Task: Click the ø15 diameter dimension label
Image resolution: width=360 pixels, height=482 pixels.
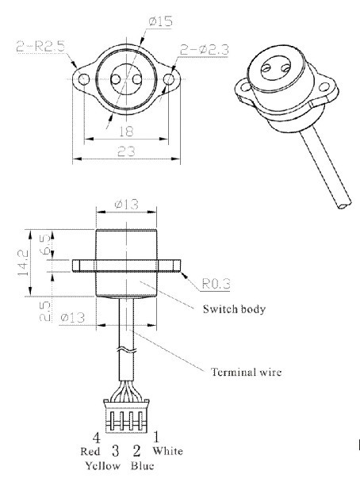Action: (x=160, y=21)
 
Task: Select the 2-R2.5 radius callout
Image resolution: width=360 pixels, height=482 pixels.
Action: (x=40, y=47)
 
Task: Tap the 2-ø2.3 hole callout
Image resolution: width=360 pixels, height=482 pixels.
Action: (x=204, y=49)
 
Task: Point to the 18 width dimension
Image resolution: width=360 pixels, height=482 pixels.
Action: (x=126, y=132)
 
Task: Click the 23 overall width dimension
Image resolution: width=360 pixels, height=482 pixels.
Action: (x=126, y=151)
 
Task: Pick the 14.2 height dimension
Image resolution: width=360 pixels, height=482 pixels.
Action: (x=23, y=262)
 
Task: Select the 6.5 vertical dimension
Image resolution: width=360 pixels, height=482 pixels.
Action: (x=45, y=244)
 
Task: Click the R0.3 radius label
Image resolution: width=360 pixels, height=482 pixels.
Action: (x=216, y=284)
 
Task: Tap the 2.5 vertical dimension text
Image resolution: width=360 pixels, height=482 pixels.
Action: (x=45, y=311)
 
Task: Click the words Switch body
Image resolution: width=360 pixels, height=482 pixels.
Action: (x=234, y=309)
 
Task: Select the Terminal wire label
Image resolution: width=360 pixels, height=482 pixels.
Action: (x=246, y=373)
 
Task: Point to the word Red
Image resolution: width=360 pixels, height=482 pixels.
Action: (x=90, y=452)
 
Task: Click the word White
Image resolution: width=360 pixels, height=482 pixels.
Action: (x=167, y=451)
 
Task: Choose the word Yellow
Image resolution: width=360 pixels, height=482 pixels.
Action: (x=102, y=465)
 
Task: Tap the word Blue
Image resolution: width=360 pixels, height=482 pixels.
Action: (x=142, y=465)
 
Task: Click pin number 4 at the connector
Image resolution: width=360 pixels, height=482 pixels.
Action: (x=96, y=438)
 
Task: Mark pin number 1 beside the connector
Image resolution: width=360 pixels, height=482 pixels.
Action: (x=156, y=437)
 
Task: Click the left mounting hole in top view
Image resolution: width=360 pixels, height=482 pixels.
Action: (x=83, y=79)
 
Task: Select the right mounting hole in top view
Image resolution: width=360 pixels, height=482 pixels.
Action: (x=168, y=79)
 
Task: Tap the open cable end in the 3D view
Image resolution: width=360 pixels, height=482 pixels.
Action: (x=344, y=205)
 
